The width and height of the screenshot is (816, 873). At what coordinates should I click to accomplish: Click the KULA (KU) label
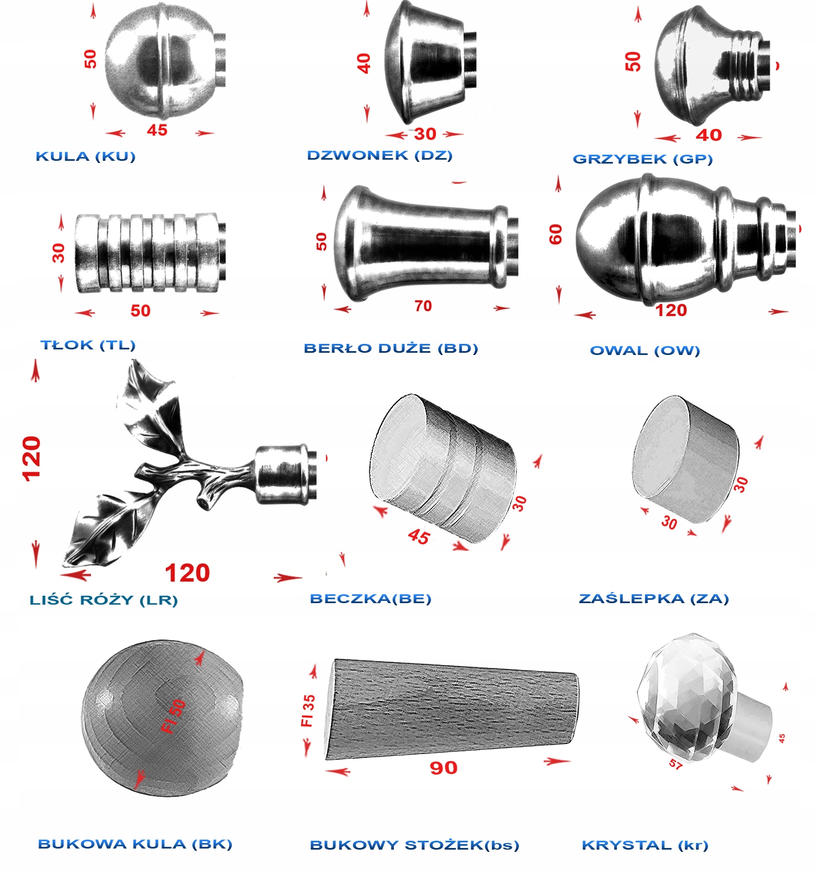click(86, 156)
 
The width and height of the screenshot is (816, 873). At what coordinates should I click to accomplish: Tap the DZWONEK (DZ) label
click(380, 155)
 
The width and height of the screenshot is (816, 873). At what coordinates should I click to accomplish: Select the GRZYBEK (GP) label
click(643, 159)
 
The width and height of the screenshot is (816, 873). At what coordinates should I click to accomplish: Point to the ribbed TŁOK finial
click(150, 253)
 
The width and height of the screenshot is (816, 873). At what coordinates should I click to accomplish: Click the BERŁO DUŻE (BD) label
click(391, 348)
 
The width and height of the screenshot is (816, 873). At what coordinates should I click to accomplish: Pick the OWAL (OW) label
click(645, 351)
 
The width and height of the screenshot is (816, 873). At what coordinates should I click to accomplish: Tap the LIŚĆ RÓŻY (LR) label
click(104, 600)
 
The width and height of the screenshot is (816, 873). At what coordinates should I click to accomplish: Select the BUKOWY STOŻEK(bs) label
click(414, 845)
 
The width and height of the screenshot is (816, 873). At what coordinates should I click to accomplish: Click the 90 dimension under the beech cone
click(443, 768)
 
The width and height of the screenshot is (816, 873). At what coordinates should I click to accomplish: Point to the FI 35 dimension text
click(308, 711)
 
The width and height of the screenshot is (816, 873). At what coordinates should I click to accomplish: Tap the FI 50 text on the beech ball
click(173, 716)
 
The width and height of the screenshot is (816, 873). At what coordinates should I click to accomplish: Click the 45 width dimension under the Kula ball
click(157, 130)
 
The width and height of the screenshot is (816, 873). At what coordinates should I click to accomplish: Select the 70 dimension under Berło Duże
click(423, 306)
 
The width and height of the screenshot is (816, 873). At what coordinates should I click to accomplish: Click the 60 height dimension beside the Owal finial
click(556, 234)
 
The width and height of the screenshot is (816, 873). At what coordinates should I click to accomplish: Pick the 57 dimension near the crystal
click(676, 764)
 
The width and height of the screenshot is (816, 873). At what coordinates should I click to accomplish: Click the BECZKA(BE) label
click(370, 599)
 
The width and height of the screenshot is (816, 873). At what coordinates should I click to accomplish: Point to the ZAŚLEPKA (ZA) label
click(654, 599)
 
